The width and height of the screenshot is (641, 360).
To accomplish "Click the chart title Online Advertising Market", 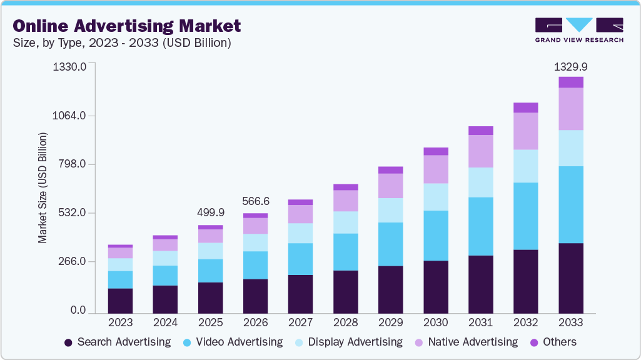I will tap(127, 26).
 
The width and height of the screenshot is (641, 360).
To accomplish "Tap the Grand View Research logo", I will tap(578, 30).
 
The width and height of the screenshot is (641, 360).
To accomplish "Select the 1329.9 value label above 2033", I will tap(571, 66).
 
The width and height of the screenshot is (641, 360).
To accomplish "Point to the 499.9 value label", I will tap(210, 213).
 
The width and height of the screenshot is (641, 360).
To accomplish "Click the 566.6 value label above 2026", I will tap(255, 201).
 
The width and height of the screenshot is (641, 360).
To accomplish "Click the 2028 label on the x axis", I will tap(345, 323).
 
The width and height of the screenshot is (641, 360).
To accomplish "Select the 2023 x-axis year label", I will tap(120, 323).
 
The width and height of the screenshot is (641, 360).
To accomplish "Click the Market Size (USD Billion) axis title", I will tap(43, 187).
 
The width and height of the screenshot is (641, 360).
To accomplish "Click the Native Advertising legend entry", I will tap(472, 342).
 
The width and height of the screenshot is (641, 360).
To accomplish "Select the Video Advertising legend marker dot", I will tap(187, 342).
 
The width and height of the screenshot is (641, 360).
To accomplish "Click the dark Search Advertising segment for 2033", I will tap(571, 278).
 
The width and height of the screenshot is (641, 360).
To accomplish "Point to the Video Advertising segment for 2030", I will tap(435, 236).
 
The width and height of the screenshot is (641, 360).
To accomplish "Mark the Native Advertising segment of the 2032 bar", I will tap(525, 131).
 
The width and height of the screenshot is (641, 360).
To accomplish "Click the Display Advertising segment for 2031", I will tap(480, 182).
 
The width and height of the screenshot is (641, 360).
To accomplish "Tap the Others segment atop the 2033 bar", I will tap(571, 82).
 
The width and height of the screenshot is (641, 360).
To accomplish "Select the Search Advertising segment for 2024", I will tap(165, 299).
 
